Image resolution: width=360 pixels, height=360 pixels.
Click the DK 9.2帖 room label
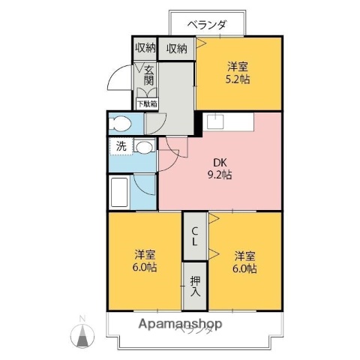219,169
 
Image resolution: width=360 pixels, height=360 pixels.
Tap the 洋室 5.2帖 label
239,72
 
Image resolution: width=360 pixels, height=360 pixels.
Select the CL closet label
194,236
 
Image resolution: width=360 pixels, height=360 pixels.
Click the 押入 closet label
195,286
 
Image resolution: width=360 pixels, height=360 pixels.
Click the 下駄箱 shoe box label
145,104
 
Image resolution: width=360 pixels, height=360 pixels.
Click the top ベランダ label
208,22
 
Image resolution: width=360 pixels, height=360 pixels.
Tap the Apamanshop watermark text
180,325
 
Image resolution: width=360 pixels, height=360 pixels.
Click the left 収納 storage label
145,48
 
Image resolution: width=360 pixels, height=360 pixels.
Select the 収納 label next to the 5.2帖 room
177,48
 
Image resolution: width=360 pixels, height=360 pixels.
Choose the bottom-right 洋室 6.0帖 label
244,260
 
